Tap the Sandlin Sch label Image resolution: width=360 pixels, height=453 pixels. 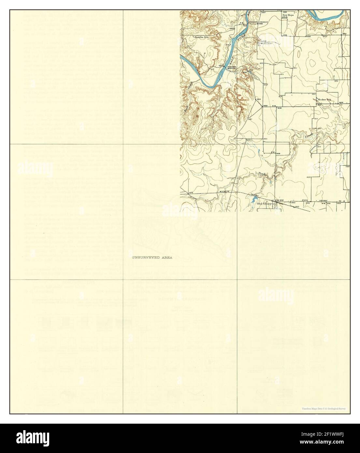click(201, 37)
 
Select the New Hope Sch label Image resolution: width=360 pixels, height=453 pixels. click(288, 16)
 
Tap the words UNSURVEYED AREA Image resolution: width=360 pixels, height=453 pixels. click(152, 257)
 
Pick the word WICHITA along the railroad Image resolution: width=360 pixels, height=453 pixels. click(225, 190)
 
